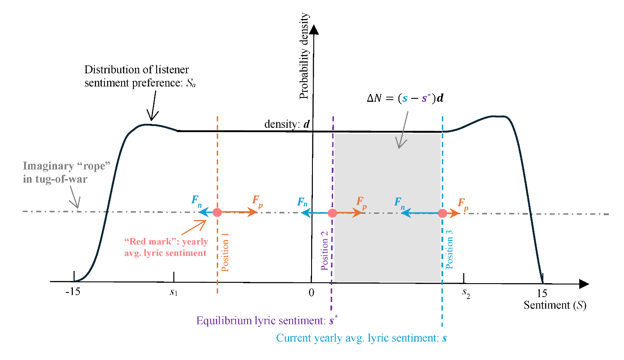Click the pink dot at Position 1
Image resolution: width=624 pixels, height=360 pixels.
point(217,212)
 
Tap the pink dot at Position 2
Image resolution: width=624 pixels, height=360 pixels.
point(333,213)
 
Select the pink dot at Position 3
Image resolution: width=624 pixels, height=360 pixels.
point(442,213)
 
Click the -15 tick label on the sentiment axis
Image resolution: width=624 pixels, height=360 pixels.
point(73,292)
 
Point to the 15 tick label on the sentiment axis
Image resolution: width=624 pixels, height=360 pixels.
point(542,293)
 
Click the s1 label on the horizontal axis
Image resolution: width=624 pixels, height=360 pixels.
point(174,292)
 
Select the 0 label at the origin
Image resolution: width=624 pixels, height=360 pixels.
point(311,293)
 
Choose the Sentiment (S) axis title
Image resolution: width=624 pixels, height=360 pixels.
point(555,305)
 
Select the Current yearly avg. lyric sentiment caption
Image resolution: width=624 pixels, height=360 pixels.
point(361,338)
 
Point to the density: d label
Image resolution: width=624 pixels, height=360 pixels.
point(287,124)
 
